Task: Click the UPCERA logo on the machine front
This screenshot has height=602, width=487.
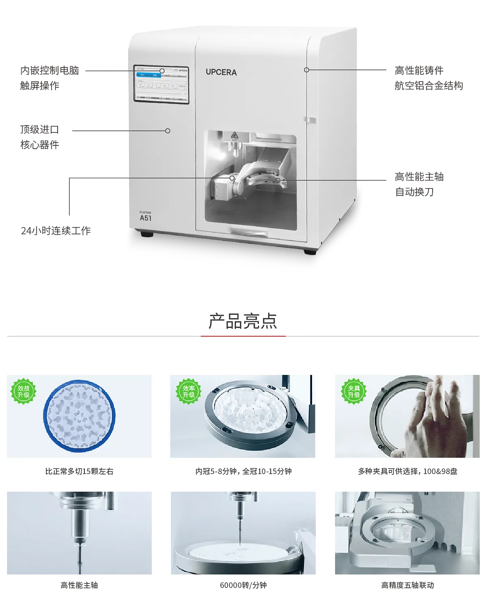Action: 221,72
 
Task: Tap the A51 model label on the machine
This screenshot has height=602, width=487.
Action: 145,218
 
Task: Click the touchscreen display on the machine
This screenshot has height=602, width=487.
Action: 162,84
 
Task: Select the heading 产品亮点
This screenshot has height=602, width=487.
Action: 243,321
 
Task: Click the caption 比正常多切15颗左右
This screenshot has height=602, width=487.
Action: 79,472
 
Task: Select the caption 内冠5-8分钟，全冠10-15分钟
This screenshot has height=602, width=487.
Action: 243,472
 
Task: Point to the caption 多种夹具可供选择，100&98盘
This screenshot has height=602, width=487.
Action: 407,472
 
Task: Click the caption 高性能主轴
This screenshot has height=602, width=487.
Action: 79,585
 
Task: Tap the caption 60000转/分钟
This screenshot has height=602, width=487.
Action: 243,585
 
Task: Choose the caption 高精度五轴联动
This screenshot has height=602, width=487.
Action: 407,585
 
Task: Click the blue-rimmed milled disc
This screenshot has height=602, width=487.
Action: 80,417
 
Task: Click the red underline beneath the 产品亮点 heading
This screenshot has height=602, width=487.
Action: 243,336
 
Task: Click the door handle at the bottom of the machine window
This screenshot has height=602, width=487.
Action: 249,232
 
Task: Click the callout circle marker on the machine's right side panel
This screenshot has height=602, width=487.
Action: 307,70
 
